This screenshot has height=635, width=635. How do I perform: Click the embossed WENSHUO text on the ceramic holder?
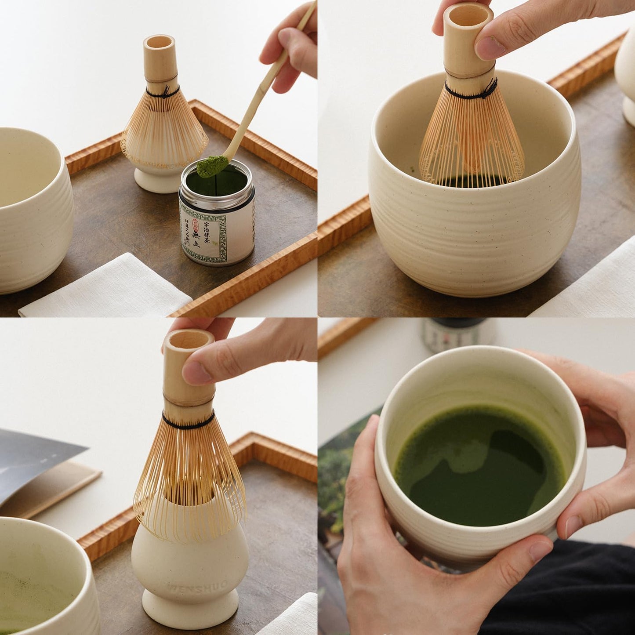click(197, 585)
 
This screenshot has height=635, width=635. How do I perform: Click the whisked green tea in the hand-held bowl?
click(479, 466)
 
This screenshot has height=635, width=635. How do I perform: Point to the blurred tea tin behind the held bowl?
click(455, 334)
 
